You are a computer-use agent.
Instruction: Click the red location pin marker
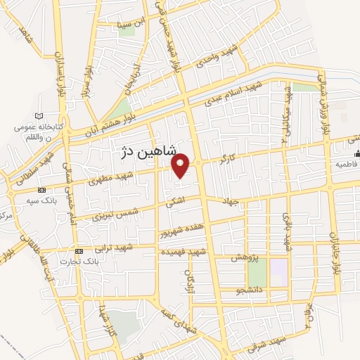[x=181, y=165]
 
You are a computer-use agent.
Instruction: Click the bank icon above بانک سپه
[x=41, y=191]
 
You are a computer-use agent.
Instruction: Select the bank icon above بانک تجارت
[x=79, y=251]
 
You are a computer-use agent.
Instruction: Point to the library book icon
[x=39, y=116]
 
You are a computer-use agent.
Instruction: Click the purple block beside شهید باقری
[x=279, y=274]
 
